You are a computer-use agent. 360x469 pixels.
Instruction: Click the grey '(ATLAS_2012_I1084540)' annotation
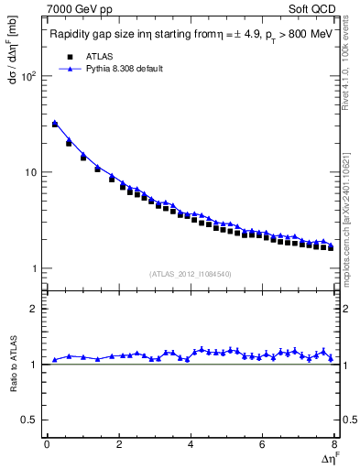[x=191, y=274]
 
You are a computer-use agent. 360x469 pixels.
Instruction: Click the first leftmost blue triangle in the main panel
[x=55, y=122]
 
